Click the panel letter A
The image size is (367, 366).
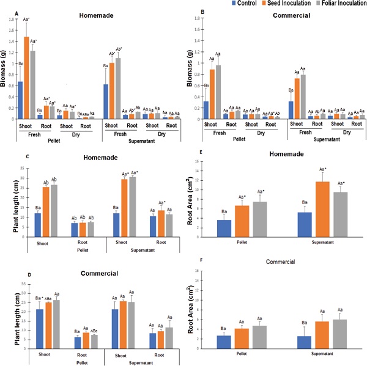(8, 9)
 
